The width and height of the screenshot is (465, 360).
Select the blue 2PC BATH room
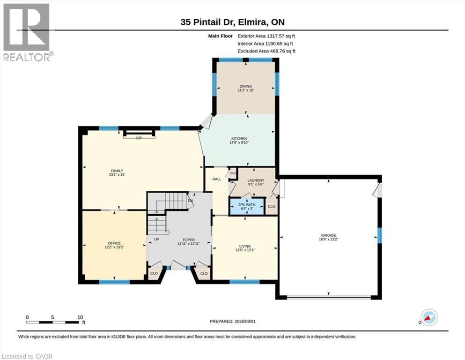247,206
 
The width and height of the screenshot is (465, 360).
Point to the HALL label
217,179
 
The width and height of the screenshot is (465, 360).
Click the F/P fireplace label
139,138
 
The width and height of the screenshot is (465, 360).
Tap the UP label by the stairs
156,239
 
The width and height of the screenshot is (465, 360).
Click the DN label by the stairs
190,201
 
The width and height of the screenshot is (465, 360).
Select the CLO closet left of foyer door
154,273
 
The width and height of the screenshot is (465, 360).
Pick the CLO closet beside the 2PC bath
271,207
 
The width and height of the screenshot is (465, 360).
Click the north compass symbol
429,317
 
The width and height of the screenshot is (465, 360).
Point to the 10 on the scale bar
80,317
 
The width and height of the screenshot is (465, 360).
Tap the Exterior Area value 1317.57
275,36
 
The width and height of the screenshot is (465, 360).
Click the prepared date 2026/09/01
245,321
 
